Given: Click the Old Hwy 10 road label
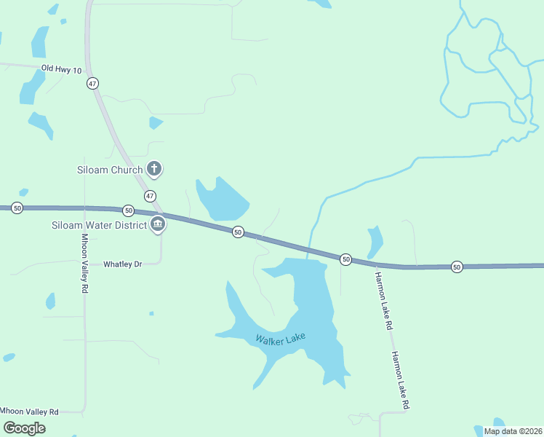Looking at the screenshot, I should point(61,68).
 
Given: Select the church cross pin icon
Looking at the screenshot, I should point(153,169).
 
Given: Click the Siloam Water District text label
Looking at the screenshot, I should point(99,225).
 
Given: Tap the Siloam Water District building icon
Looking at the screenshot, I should point(158,224).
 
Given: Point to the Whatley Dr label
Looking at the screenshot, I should point(122,264).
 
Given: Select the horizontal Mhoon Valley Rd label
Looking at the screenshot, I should point(29,412).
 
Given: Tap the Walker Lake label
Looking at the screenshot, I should point(280,339).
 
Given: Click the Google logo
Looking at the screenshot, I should point(23,428).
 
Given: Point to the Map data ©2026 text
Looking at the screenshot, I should point(513,431).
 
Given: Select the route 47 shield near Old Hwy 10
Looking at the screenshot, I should point(92,84).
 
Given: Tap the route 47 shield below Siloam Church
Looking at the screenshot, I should point(150,196).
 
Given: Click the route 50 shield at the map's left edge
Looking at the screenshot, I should point(17,208).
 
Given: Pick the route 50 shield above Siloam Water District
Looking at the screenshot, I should point(128,210).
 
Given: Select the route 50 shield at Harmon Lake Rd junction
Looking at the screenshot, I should point(345,259).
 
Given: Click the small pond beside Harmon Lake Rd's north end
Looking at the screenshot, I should point(375,241).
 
